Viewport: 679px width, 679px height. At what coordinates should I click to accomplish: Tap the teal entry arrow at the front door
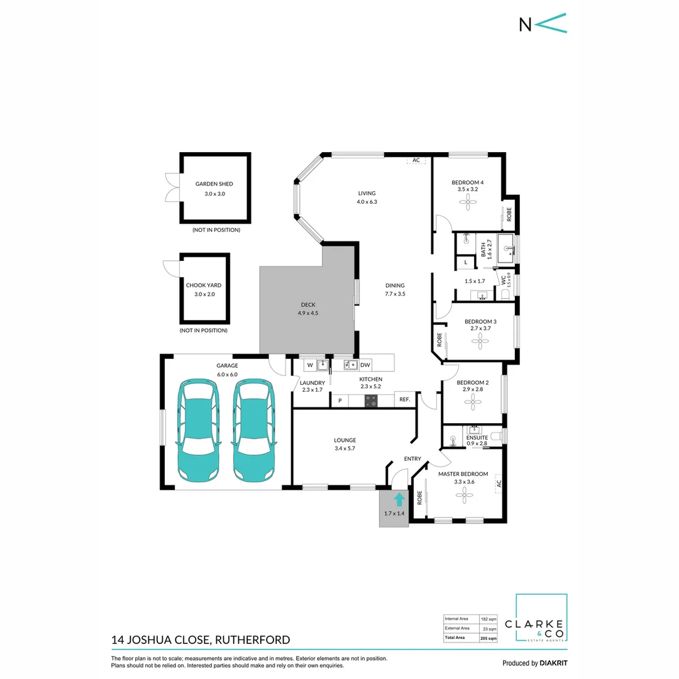tap(399, 500)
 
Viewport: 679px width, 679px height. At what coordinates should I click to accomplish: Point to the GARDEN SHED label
tap(214, 184)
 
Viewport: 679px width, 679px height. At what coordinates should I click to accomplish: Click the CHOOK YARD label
tap(204, 285)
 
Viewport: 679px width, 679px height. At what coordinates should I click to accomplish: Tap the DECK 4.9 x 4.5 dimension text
tap(308, 313)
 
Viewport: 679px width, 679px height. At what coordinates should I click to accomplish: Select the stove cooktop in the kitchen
tap(371, 400)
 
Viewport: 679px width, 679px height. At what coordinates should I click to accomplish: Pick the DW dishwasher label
tap(365, 365)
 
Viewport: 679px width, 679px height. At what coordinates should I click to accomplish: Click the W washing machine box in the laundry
tap(310, 365)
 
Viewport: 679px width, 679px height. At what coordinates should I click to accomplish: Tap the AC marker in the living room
tap(416, 160)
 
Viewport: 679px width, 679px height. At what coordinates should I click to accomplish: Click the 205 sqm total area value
tap(488, 638)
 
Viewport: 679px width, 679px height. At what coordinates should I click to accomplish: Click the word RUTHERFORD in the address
tap(253, 640)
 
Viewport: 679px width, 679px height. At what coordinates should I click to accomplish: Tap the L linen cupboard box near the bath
tap(465, 262)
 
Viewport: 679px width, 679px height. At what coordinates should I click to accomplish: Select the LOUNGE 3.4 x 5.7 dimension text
tap(345, 449)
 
